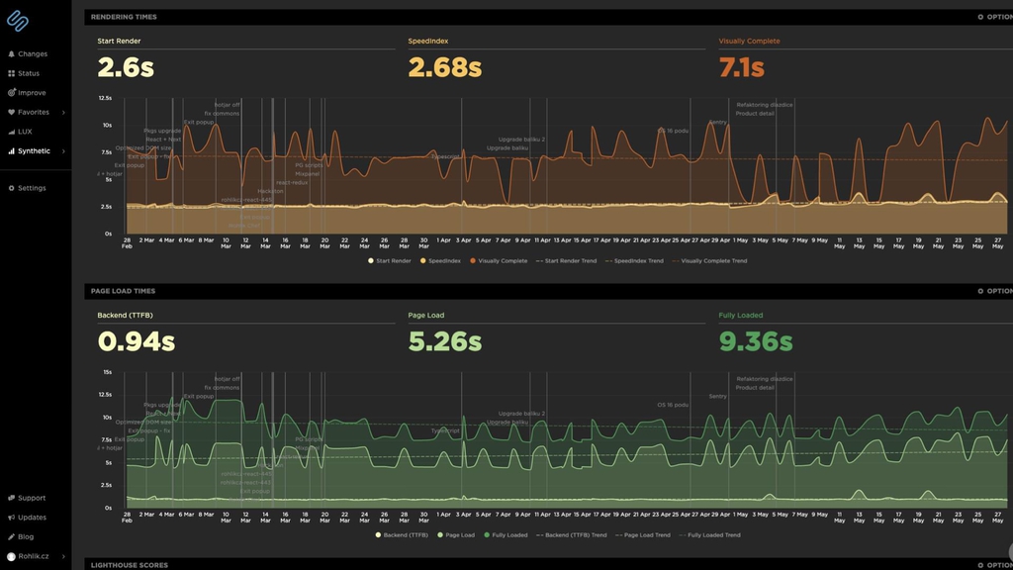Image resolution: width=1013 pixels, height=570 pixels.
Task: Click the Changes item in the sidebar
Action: pyautogui.click(x=32, y=54)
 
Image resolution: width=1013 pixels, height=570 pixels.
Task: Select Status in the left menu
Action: pyautogui.click(x=29, y=73)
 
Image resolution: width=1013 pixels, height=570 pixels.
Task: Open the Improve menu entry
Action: pyautogui.click(x=32, y=93)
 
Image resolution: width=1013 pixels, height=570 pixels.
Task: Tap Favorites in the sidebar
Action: pyautogui.click(x=33, y=112)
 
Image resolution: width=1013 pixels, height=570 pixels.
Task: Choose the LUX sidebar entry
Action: pyautogui.click(x=25, y=132)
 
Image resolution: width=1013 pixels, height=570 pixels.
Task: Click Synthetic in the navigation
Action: pyautogui.click(x=34, y=151)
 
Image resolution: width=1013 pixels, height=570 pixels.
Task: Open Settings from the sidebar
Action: pyautogui.click(x=32, y=188)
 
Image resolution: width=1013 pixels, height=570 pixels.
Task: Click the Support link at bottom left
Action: pyautogui.click(x=32, y=498)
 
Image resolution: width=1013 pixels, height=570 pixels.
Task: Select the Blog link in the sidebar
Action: pyautogui.click(x=26, y=536)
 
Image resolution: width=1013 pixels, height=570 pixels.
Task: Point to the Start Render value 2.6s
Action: pyautogui.click(x=126, y=67)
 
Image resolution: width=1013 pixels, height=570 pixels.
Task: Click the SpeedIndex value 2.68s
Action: pyautogui.click(x=444, y=67)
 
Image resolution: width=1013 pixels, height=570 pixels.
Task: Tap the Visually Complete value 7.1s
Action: pyautogui.click(x=741, y=67)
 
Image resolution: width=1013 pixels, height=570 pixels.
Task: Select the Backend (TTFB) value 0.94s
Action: pyautogui.click(x=136, y=341)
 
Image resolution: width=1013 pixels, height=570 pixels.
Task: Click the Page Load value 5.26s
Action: pyautogui.click(x=444, y=341)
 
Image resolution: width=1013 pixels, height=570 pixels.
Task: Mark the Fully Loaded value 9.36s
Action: pyautogui.click(x=755, y=341)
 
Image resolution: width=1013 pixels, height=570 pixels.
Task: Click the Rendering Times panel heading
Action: pyautogui.click(x=124, y=17)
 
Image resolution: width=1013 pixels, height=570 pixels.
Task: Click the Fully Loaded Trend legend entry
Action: pyautogui.click(x=712, y=535)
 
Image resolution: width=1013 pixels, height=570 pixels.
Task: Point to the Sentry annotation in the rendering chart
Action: pyautogui.click(x=717, y=122)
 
